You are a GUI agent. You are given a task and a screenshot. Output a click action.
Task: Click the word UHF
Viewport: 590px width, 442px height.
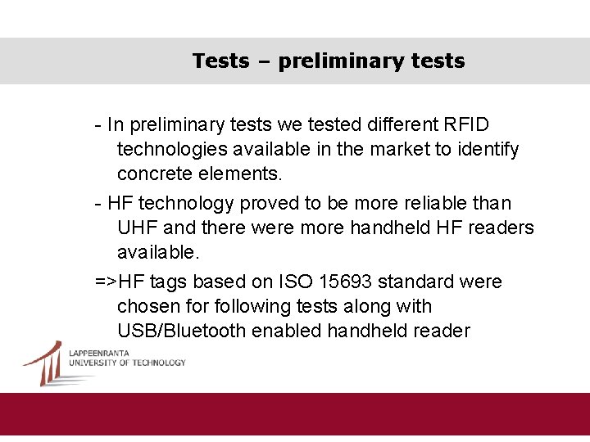tap(138, 228)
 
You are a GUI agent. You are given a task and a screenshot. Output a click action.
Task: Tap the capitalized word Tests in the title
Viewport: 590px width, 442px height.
tap(220, 61)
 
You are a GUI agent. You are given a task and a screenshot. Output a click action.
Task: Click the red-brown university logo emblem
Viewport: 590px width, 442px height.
tap(44, 363)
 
